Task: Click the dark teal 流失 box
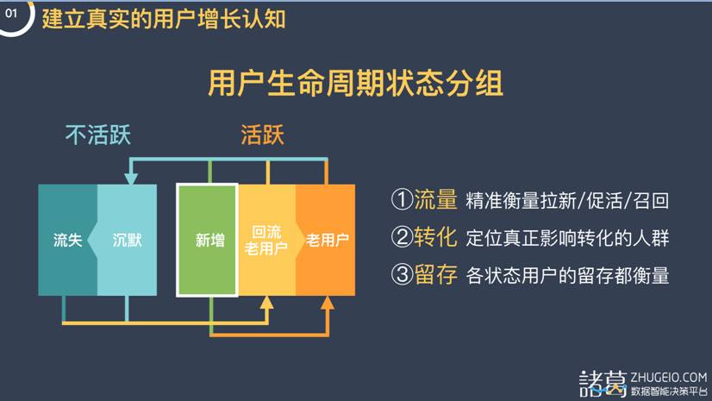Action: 67,240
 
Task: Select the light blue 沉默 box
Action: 128,240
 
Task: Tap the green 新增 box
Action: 208,240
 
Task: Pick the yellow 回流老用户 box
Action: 267,240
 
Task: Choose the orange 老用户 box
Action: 326,240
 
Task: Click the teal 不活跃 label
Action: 98,135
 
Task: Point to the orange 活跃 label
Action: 262,135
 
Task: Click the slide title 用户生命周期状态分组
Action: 355,83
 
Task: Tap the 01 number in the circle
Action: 11,13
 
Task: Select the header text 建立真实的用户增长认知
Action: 164,19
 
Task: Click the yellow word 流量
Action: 435,200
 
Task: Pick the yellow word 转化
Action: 435,237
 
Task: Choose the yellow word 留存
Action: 435,275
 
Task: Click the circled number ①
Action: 402,200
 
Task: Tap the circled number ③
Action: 402,275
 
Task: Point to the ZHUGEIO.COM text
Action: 668,378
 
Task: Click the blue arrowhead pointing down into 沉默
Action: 131,179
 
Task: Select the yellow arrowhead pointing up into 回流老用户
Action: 267,303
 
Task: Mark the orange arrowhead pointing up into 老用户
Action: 328,303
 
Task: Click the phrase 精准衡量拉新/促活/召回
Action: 567,201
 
